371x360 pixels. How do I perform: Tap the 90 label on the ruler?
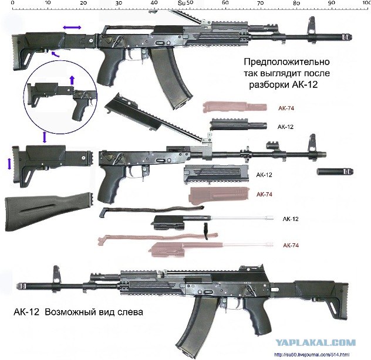(x=332, y=2)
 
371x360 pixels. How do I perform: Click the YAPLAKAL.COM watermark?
(x=315, y=342)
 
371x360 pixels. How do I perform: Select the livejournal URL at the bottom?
(x=312, y=355)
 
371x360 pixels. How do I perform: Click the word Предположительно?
(x=287, y=62)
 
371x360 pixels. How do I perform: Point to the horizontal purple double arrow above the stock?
(x=72, y=28)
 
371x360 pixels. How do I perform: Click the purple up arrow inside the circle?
(x=72, y=80)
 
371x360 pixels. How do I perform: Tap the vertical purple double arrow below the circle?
(x=45, y=137)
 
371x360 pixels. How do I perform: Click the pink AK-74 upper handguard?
(x=235, y=107)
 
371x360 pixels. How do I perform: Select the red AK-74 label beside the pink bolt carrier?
(x=291, y=245)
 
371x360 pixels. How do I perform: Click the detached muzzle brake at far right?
(x=335, y=171)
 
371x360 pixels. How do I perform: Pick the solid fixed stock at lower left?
(x=49, y=212)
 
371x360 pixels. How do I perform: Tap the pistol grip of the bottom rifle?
(x=257, y=317)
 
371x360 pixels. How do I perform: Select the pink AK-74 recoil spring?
(x=157, y=237)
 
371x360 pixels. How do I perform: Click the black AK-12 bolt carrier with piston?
(x=213, y=222)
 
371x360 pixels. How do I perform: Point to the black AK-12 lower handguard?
(x=216, y=174)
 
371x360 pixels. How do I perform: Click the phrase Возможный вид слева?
(x=94, y=313)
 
